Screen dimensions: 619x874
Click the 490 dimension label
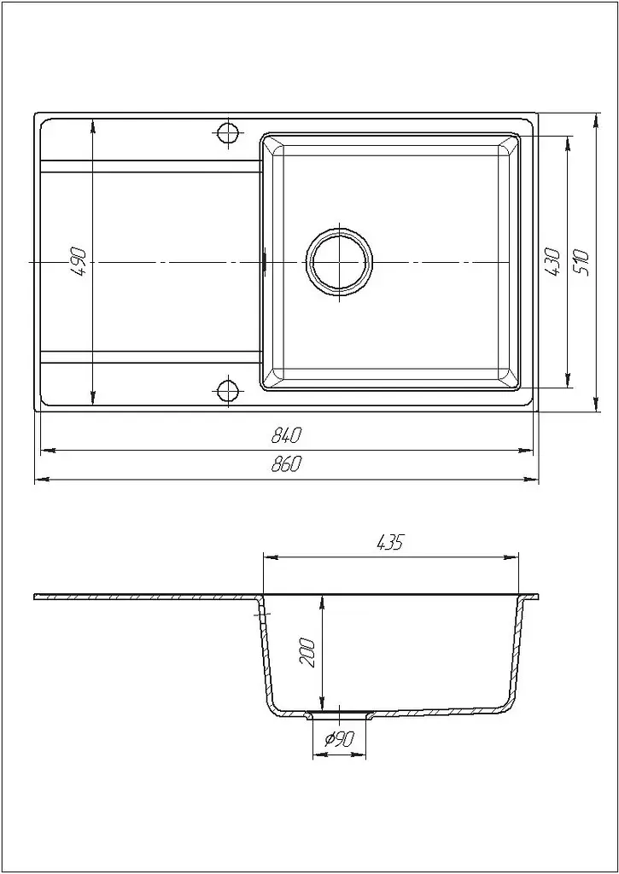tap(79, 261)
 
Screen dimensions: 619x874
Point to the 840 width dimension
tap(286, 435)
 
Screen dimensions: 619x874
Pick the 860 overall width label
tap(286, 463)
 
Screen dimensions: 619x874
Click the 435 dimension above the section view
tap(390, 542)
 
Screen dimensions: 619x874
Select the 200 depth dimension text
tap(308, 653)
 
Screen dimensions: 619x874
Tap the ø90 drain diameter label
tap(340, 739)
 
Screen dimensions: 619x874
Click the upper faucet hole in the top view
tap(227, 132)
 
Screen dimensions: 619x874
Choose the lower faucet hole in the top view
tap(227, 390)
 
